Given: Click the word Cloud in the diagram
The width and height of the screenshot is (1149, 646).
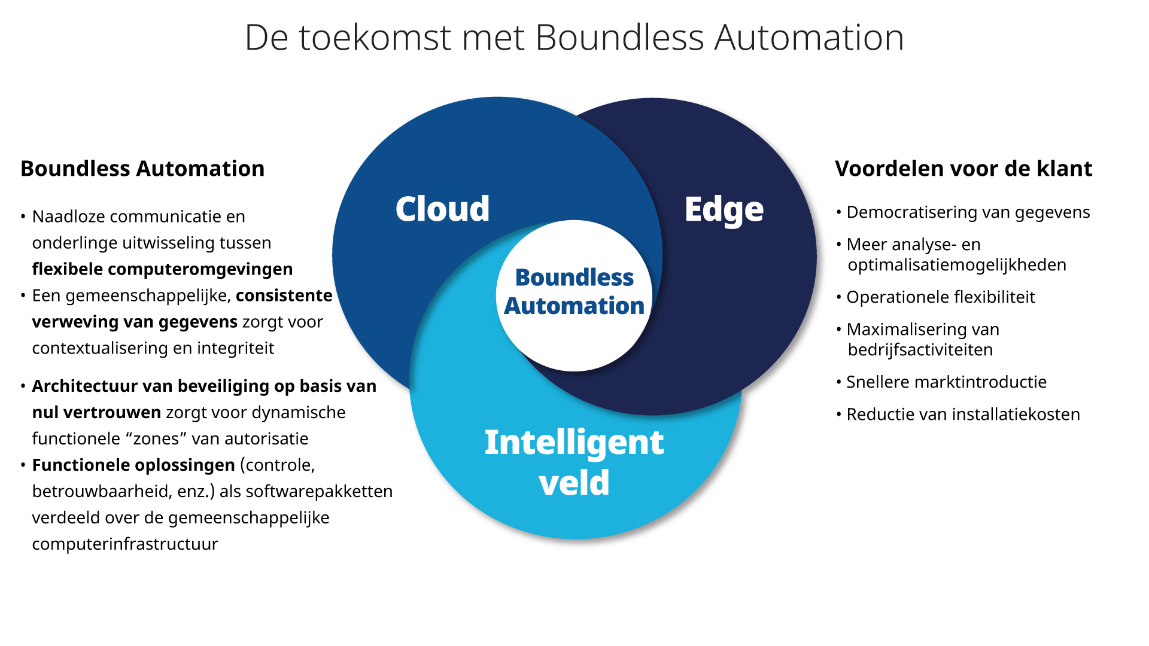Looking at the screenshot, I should tap(442, 209).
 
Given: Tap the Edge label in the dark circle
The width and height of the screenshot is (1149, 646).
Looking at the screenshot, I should tap(724, 210).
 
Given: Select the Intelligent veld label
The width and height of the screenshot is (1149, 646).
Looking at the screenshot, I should tap(574, 462).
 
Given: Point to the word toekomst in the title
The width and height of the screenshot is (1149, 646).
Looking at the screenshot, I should tap(375, 38).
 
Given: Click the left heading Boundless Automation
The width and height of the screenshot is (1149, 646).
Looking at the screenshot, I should tap(142, 169).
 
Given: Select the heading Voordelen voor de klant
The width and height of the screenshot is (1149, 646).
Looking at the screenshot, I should tap(963, 169).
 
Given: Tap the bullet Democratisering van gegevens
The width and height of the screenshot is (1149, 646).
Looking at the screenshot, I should tap(968, 212).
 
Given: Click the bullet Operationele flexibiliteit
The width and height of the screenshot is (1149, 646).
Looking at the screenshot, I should tap(940, 297).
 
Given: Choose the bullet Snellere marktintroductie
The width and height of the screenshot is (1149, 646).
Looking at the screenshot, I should tap(946, 382).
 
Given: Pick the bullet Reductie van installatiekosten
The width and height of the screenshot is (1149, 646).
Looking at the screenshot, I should tap(963, 415).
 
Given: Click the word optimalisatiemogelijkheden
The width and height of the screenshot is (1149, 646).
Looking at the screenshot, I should tap(957, 265).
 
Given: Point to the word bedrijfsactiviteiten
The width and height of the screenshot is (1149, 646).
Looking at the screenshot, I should tap(920, 350).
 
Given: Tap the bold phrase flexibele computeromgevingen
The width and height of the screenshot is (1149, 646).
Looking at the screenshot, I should tap(162, 269).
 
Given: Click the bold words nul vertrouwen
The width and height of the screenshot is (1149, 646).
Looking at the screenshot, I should tap(96, 413).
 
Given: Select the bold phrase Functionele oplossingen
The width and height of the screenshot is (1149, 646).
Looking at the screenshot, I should tap(133, 465).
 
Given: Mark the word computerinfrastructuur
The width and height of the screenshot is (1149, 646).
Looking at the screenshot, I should tap(125, 544).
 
